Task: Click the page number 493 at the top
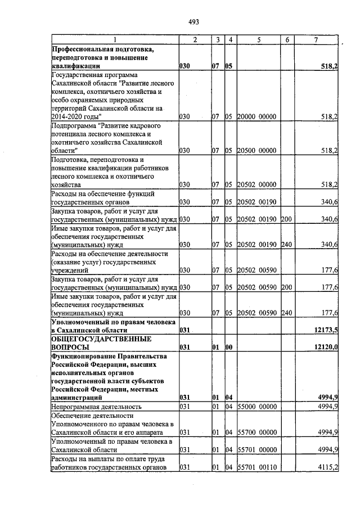[x=194, y=22]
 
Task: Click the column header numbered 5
[x=259, y=39]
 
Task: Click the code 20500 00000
[x=256, y=151]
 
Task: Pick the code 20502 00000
[x=256, y=184]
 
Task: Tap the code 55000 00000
[x=256, y=406]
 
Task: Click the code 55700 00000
[x=256, y=432]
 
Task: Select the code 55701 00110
[x=256, y=467]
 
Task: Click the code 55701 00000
[x=256, y=450]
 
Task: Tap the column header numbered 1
[x=114, y=39]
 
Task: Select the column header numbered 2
[x=195, y=39]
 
